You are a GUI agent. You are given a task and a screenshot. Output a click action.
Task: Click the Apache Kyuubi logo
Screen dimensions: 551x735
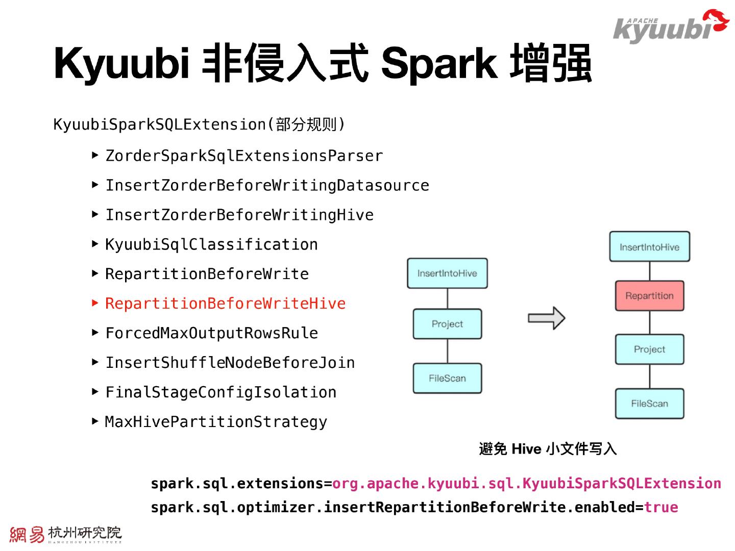(670, 27)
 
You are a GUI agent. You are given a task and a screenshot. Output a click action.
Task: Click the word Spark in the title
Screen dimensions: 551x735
(438, 64)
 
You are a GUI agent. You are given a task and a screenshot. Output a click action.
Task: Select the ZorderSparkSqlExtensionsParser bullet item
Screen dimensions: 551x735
(244, 156)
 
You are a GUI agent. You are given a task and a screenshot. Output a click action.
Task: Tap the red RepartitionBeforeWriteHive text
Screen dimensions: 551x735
(225, 304)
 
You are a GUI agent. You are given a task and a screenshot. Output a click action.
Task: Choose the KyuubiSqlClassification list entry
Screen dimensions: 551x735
(211, 244)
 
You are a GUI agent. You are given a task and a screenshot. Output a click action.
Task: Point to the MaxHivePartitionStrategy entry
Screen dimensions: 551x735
(216, 422)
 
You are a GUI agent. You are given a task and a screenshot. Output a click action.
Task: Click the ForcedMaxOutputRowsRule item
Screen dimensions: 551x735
(211, 333)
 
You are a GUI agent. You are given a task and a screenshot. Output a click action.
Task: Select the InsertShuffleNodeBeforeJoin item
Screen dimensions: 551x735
(230, 363)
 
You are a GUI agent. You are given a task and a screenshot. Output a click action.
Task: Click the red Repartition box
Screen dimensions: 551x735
(649, 296)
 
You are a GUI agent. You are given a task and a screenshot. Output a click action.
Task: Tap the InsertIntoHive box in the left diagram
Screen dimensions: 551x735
(447, 273)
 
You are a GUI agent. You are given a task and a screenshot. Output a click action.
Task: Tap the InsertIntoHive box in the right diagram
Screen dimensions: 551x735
(649, 247)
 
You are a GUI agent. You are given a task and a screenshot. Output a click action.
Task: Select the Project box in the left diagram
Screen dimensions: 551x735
(447, 324)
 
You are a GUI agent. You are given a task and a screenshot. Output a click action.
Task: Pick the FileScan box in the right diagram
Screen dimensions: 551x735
(649, 404)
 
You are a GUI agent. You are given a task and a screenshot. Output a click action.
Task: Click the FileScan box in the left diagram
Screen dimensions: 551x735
(447, 378)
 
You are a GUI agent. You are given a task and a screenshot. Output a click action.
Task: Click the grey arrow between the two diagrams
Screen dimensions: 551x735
(546, 318)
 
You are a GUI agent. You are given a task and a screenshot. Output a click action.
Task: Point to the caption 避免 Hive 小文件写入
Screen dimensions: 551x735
(548, 449)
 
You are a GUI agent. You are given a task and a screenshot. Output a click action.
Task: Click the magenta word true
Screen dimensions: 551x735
(661, 507)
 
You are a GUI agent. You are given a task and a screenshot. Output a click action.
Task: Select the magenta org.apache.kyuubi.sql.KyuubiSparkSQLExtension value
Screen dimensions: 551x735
(526, 483)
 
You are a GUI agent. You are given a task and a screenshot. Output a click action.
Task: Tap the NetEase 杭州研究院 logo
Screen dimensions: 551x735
(65, 534)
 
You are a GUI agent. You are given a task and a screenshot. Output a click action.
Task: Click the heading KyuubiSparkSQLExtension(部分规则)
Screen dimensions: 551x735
(199, 124)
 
